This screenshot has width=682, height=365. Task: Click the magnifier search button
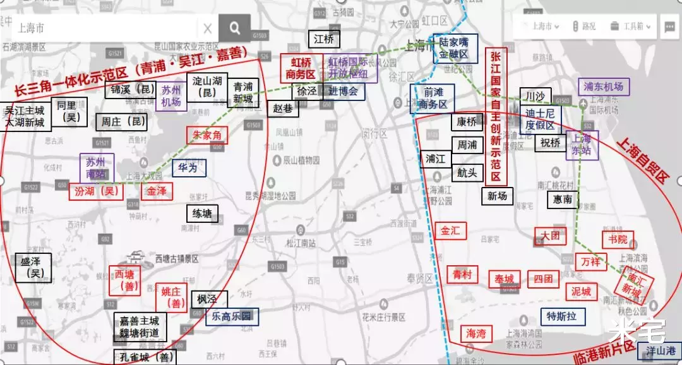[235, 28]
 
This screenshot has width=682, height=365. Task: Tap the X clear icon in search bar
[208, 28]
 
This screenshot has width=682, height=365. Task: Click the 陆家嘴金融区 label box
[454, 49]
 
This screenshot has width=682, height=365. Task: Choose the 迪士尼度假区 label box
[539, 119]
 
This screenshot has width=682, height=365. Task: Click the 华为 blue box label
[188, 168]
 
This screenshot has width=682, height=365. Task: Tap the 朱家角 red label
[206, 135]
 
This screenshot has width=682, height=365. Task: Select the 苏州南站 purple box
[97, 168]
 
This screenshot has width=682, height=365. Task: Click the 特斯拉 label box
[563, 316]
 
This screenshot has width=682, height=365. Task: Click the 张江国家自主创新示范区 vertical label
[496, 116]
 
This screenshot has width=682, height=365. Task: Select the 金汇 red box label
[450, 231]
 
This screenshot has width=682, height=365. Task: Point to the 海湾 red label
[477, 333]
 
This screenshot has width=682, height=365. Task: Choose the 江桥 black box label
[324, 39]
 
